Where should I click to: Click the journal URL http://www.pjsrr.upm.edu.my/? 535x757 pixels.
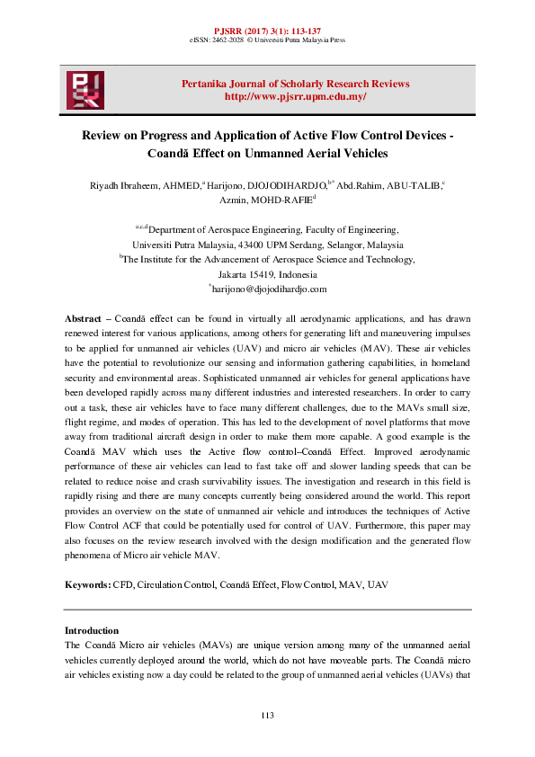[295, 96]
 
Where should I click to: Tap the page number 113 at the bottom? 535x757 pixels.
[267, 715]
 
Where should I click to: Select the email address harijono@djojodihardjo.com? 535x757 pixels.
[269, 289]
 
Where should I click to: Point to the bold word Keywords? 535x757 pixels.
[87, 585]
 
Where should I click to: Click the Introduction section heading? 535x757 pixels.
[92, 630]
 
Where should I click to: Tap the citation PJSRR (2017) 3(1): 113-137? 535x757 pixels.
[267, 30]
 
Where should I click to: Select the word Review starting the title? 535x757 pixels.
[102, 136]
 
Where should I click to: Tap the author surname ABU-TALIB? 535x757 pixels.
[415, 185]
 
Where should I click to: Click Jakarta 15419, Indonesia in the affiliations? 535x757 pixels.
[268, 274]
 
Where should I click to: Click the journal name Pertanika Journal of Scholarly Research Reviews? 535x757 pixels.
[295, 84]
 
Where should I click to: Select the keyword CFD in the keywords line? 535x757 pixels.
[122, 585]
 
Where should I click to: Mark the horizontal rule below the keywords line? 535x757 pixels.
[267, 610]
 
